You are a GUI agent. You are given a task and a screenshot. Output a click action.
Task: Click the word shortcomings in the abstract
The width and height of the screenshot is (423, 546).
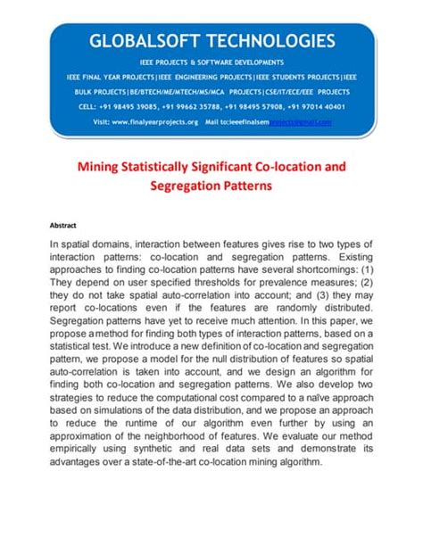click(x=311, y=267)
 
